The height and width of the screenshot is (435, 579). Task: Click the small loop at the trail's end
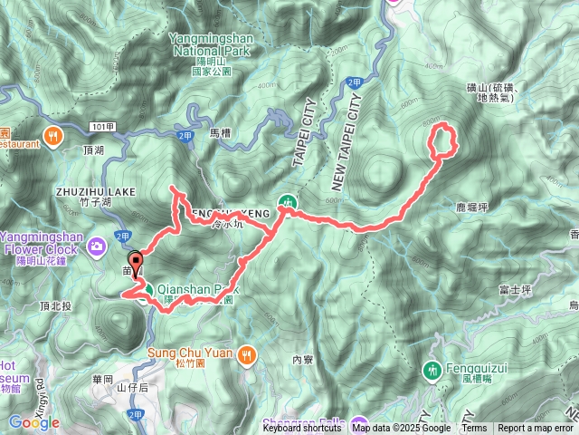(x=441, y=144)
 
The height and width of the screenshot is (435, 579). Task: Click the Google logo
(x=34, y=422)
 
